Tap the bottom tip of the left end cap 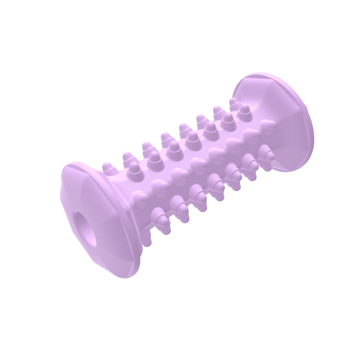128,275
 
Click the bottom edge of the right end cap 288,170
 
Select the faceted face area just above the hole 81,198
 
